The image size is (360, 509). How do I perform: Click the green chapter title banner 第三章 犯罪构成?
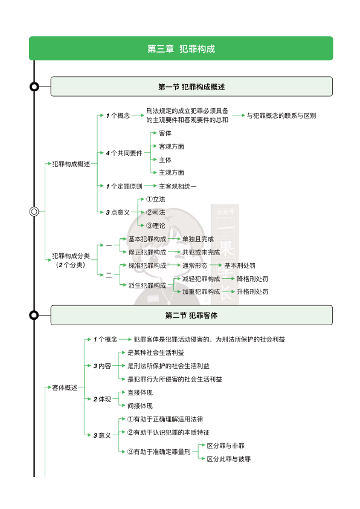pyautogui.click(x=181, y=48)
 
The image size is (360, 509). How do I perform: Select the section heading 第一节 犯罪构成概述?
pyautogui.click(x=191, y=86)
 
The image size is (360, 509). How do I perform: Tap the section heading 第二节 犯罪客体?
pyautogui.click(x=191, y=315)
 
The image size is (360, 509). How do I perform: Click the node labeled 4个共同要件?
pyautogui.click(x=124, y=153)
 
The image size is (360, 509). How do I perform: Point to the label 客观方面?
pyautogui.click(x=172, y=146)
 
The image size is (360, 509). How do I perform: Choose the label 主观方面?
pyautogui.click(x=172, y=172)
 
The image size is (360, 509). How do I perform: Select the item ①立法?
pyautogui.click(x=155, y=199)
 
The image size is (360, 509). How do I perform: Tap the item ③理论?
pyautogui.click(x=155, y=225)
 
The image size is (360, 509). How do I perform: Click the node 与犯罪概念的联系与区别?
pyautogui.click(x=281, y=115)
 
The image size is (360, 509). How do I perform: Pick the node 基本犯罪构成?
pyautogui.click(x=147, y=239)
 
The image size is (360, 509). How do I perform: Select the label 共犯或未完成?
pyautogui.click(x=201, y=252)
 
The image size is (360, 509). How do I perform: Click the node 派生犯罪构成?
pyautogui.click(x=147, y=285)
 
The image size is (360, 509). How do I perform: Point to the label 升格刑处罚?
pyautogui.click(x=252, y=291)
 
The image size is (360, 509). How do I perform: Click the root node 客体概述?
pyautogui.click(x=65, y=387)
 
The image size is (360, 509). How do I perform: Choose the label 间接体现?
pyautogui.click(x=140, y=406)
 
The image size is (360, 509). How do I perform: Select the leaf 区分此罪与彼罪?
pyautogui.click(x=229, y=459)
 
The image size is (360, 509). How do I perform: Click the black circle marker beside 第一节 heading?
pyautogui.click(x=34, y=86)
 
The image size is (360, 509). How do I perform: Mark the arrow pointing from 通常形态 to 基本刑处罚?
pyautogui.click(x=215, y=265)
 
